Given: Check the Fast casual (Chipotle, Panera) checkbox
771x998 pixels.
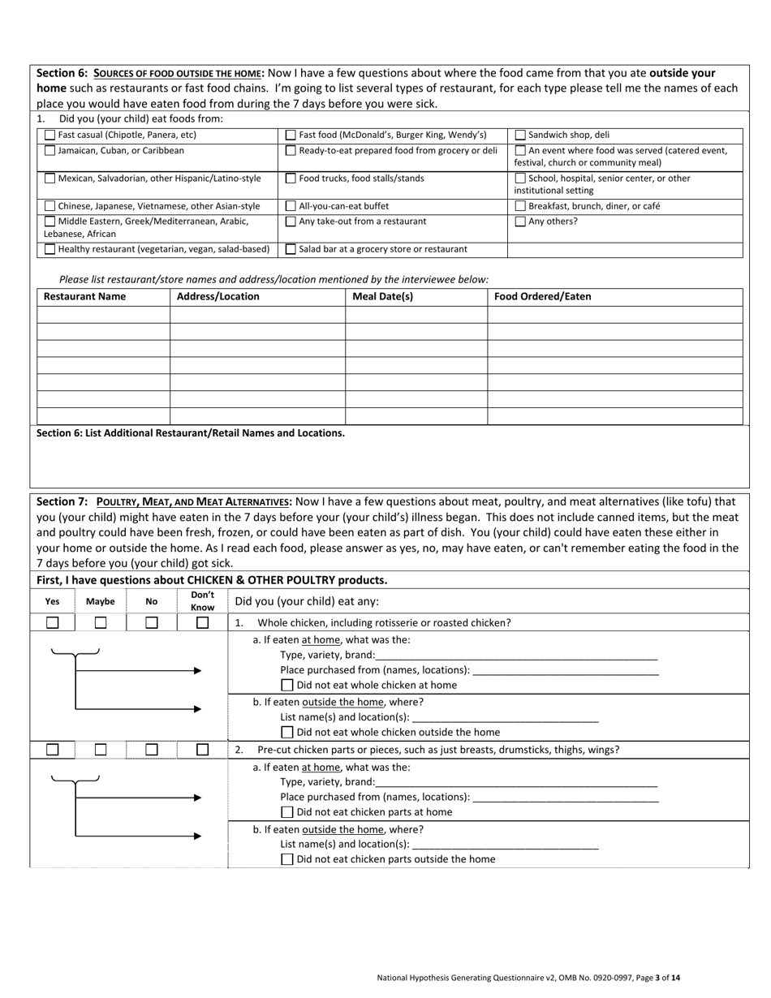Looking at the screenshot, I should click(50, 136).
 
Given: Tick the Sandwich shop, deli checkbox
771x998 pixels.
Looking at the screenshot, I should click(520, 136).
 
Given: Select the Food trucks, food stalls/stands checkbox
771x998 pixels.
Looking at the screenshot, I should click(291, 179).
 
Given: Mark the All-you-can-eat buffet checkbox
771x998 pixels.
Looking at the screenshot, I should click(291, 207).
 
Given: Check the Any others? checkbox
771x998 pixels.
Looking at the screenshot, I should click(520, 222).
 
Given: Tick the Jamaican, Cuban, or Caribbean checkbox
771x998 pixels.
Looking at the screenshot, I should click(50, 151).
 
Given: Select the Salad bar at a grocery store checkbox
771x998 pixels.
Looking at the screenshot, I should click(291, 250).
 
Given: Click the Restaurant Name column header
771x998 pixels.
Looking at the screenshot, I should click(84, 297).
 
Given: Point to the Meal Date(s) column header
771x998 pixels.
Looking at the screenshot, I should click(382, 297).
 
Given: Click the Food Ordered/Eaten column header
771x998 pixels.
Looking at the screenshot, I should click(542, 297).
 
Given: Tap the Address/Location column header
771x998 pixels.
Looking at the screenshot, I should click(218, 297).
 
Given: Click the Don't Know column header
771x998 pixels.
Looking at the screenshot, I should click(202, 601).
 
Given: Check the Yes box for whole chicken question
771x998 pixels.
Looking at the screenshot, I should click(52, 623).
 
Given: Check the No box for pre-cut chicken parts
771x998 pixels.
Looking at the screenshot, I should click(152, 751).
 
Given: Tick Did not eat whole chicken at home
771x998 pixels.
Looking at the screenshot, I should click(286, 686).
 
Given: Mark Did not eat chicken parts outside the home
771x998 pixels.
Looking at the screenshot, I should click(286, 860).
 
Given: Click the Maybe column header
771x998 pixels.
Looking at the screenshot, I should click(101, 602).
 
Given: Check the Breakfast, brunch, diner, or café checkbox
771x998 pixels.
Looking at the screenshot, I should click(520, 207).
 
